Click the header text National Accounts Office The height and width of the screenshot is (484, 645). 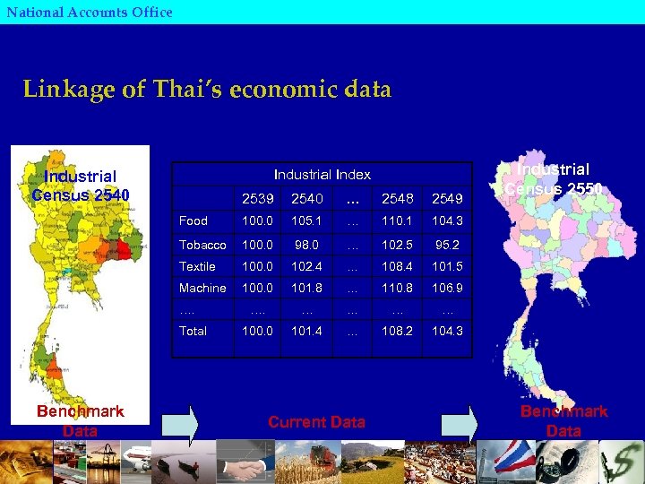89,12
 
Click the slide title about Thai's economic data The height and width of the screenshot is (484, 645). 207,90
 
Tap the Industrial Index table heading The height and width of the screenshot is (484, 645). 322,174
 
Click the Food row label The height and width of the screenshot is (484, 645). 193,220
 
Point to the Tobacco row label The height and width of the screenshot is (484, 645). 202,244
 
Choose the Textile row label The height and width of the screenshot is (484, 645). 197,266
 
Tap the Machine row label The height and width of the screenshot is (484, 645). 202,288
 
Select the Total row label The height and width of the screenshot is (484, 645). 193,331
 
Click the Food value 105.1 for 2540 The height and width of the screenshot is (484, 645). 306,220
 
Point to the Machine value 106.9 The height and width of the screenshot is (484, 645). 447,288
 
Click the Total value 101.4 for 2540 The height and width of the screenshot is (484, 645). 306,331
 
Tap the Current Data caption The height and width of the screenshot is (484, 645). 316,422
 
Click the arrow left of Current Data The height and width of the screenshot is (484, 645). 182,423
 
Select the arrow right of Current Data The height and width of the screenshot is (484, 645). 458,423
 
